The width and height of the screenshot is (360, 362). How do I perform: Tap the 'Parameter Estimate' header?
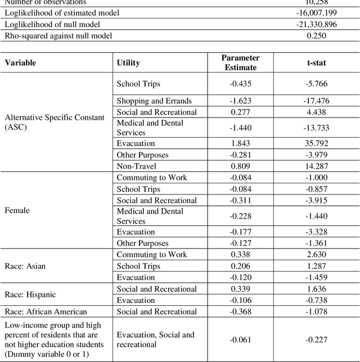coord(241,62)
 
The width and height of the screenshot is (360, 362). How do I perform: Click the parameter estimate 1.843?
coord(240,143)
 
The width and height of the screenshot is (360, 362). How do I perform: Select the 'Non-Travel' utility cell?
coord(136,166)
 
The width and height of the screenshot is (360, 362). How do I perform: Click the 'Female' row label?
coord(17,210)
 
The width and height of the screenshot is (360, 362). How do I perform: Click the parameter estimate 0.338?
coord(240,255)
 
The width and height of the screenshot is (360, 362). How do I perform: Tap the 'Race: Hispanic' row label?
coord(30,295)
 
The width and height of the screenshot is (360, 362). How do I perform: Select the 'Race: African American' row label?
coord(46,312)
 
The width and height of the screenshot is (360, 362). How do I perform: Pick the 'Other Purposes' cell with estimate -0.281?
coord(142,155)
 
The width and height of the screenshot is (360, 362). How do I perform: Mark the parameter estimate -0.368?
coord(240,312)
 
